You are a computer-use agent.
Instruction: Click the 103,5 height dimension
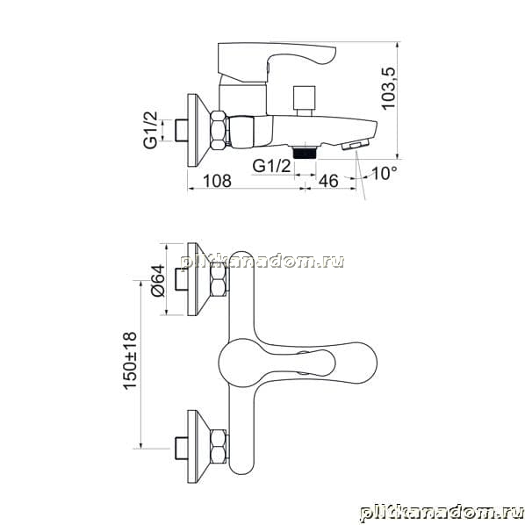[x=389, y=89]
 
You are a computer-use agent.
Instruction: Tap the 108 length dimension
[x=218, y=181]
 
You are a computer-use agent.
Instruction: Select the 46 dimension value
[x=328, y=181]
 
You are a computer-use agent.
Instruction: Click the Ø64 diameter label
[x=158, y=280]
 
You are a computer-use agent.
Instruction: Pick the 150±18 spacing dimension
[x=130, y=360]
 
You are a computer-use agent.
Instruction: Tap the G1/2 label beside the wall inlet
[x=150, y=130]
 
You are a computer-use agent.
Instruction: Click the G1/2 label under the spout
[x=271, y=166]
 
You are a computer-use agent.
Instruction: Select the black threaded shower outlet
[x=305, y=153]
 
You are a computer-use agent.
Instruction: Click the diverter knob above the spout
[x=304, y=100]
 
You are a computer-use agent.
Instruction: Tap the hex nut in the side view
[x=219, y=130]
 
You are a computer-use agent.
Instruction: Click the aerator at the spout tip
[x=356, y=146]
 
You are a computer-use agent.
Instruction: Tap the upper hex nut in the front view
[x=219, y=279]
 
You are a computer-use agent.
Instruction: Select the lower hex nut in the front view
[x=219, y=446]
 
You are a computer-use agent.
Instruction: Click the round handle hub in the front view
[x=239, y=363]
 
